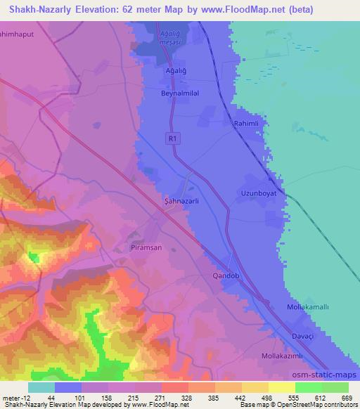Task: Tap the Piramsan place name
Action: pos(147,248)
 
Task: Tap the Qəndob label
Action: pos(226,276)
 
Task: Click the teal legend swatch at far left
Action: pos(41,387)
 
